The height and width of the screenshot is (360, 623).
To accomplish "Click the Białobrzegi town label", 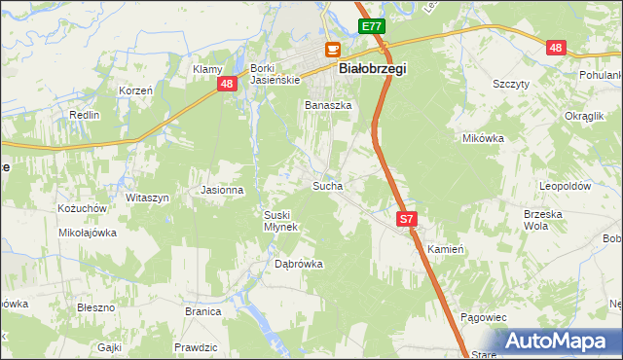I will point(372,69).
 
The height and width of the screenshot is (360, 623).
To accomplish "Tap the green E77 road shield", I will point(370,27).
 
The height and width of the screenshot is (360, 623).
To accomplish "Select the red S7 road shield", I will point(407,221).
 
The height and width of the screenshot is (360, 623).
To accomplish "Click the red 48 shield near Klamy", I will point(226,85).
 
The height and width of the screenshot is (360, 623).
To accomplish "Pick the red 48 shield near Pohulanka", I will point(556,48).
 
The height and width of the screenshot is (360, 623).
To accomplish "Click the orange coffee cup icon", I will point(333,50).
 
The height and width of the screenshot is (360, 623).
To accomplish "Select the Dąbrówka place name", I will point(298,264).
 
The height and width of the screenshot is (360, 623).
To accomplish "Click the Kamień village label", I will point(446,249).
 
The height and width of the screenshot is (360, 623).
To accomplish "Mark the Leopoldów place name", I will point(567,185).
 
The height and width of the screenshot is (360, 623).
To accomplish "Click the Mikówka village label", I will point(483,138).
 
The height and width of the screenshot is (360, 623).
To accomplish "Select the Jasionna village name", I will point(221,190).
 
